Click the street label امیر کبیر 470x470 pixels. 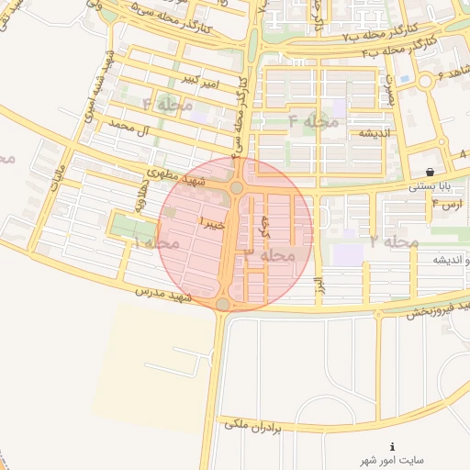pos(202,82)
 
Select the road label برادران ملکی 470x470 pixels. pos(274,428)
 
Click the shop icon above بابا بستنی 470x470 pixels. pos(431,173)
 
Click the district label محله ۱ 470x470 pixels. pos(157,243)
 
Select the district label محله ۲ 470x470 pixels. pos(395,241)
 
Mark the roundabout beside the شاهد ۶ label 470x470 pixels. pos(425,82)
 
